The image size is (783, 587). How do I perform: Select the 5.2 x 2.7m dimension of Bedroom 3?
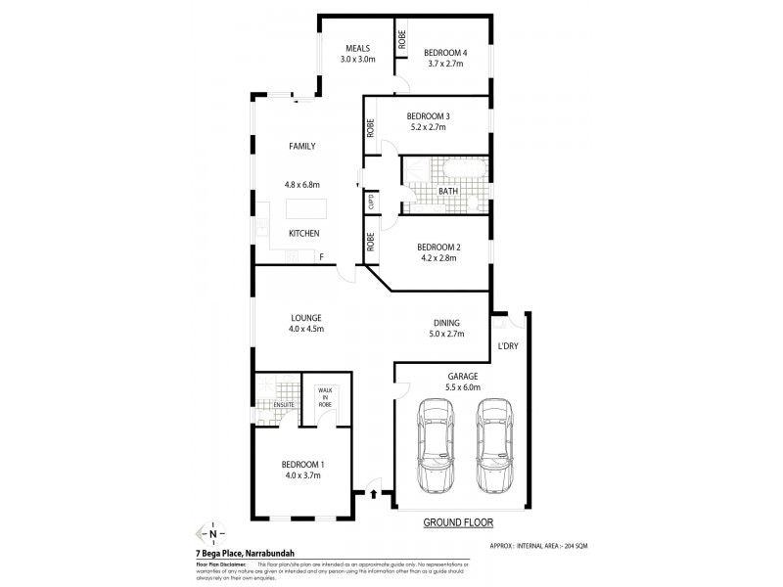427,126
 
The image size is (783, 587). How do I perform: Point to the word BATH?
437,192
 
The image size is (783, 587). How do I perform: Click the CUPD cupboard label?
371,203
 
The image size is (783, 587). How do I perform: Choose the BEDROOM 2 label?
438,248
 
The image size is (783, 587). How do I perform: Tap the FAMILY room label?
302,146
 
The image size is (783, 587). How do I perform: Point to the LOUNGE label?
306,317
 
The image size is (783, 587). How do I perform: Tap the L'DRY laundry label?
508,346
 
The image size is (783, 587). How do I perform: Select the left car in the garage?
436,445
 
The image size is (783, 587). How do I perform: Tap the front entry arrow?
373,495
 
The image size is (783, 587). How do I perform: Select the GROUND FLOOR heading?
456,523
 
